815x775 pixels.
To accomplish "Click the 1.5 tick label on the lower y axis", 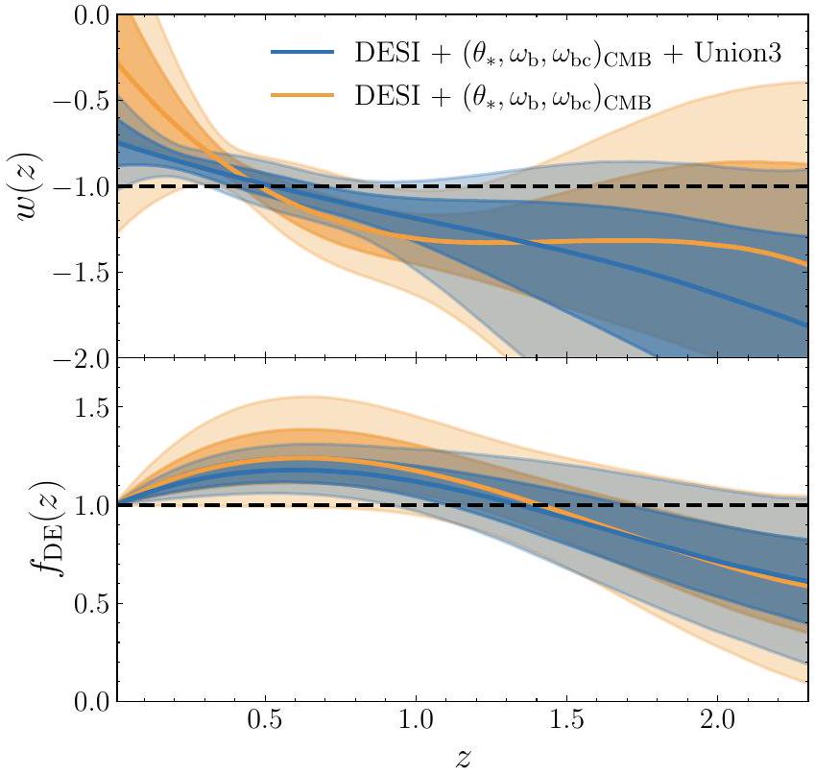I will coord(88,407).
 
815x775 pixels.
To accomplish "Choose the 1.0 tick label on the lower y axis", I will coord(88,505).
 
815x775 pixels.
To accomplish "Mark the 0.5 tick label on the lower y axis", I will coord(88,604).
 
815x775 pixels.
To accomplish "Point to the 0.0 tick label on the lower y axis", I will coord(88,702).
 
